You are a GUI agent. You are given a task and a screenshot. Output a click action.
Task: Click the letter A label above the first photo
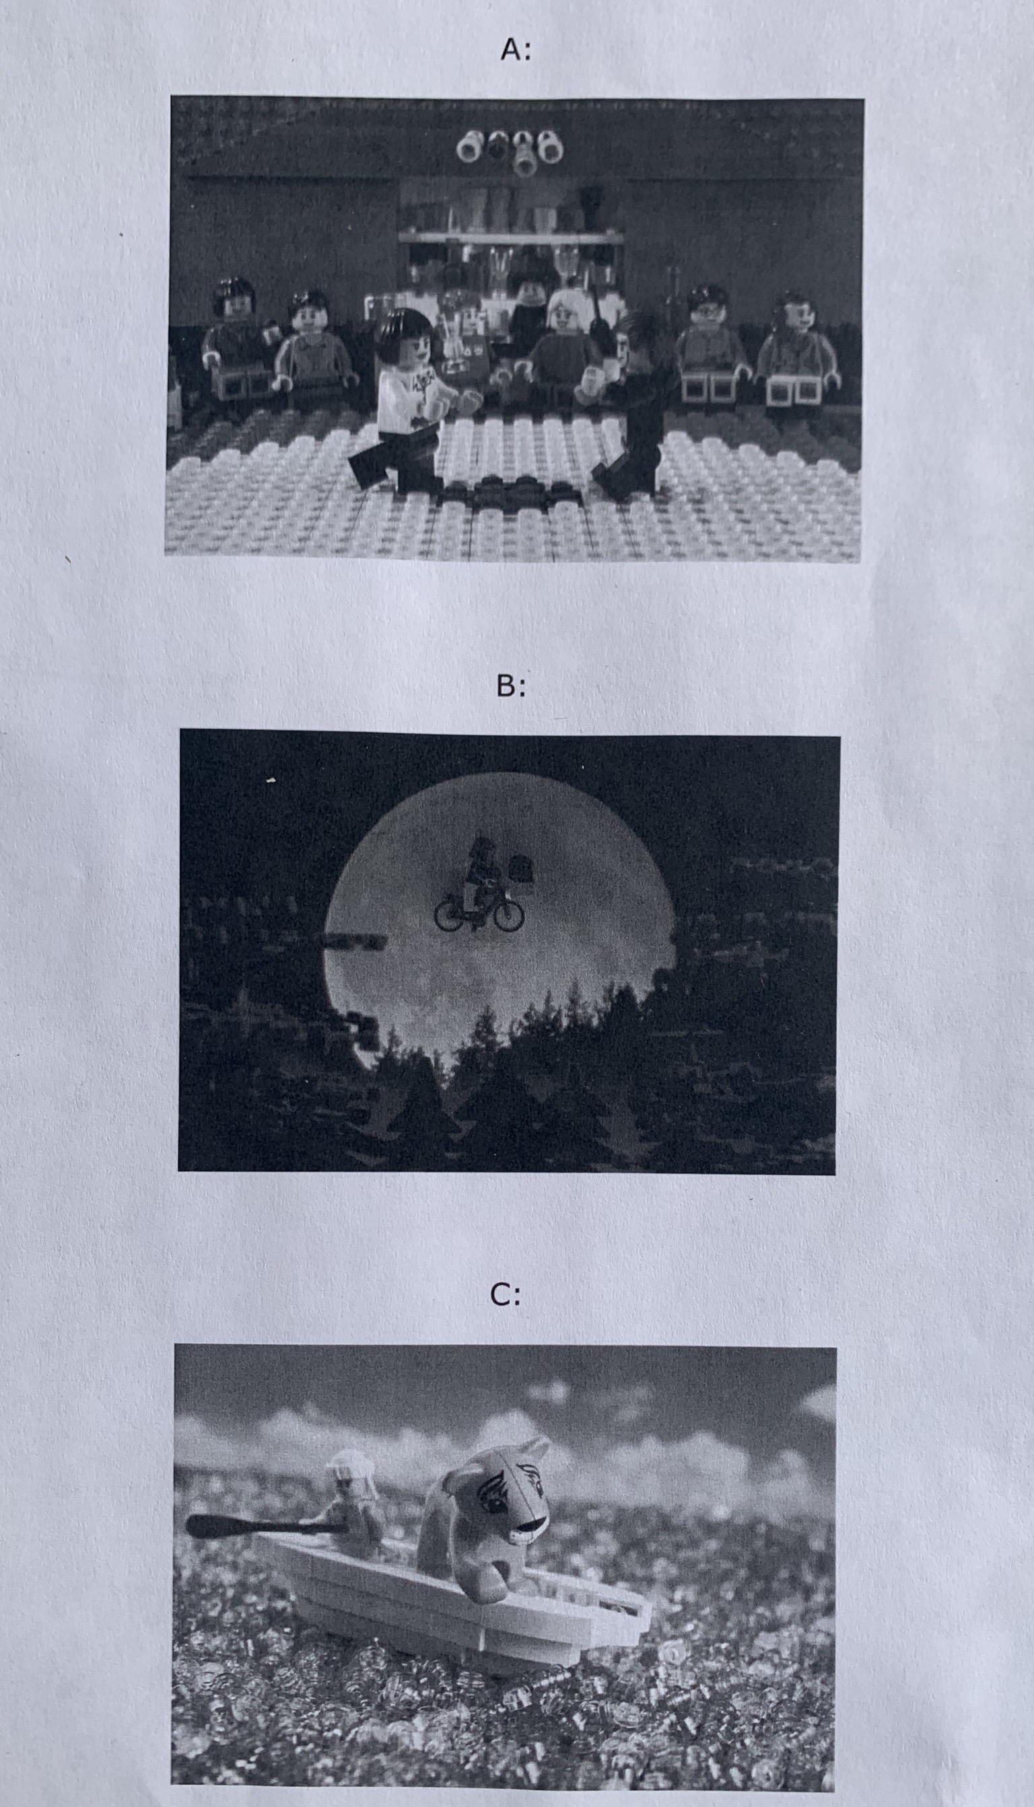click(x=515, y=50)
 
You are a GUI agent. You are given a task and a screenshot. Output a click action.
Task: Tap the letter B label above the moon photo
click(x=511, y=686)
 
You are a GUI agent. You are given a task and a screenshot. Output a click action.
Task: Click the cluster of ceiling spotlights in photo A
click(x=508, y=149)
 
